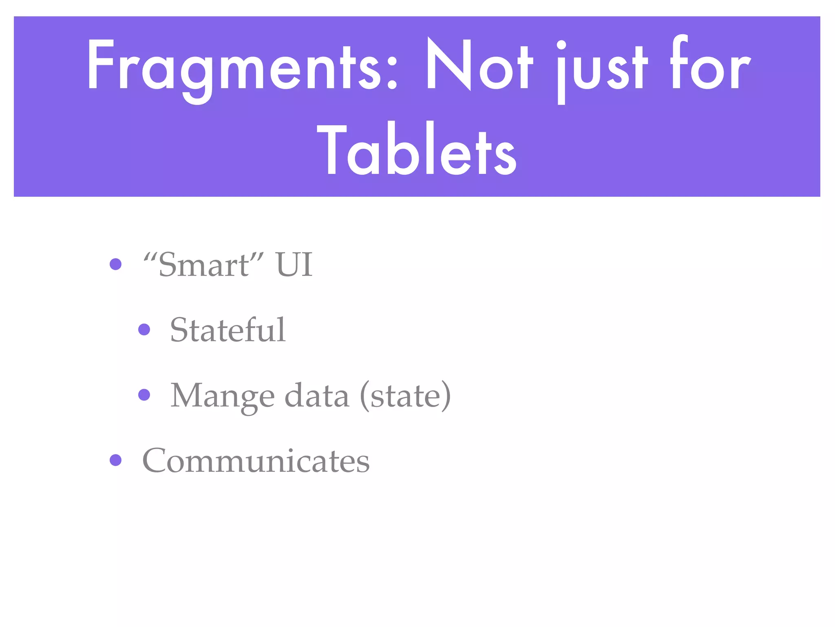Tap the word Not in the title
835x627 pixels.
tap(479, 65)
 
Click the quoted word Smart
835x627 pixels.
tap(204, 265)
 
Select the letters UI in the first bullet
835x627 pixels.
tap(294, 265)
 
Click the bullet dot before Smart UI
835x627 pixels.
tap(116, 264)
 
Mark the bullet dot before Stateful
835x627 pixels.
tap(144, 329)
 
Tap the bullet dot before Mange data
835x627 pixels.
tap(144, 395)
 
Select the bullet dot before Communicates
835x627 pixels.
tap(116, 460)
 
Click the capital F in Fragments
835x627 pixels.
tap(98, 65)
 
